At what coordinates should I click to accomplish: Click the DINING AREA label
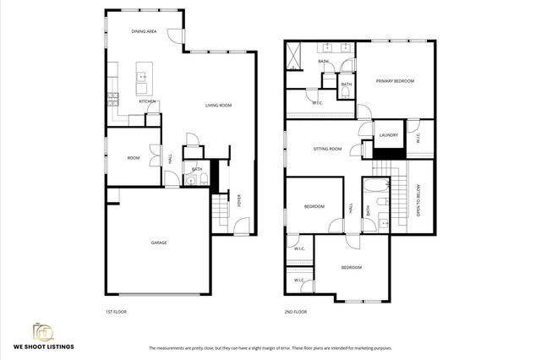pos(144,31)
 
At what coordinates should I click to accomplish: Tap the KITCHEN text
pos(147,101)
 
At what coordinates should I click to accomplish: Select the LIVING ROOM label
pos(218,106)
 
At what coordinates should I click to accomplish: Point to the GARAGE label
pos(158,243)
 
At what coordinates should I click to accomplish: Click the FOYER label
pos(238,202)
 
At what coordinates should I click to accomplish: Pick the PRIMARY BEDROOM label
pos(395,80)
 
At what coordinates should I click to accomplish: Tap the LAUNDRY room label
pos(389,135)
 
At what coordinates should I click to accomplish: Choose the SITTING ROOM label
pos(327,149)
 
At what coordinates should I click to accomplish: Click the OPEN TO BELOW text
pos(418,201)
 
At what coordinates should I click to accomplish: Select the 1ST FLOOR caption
pos(116,312)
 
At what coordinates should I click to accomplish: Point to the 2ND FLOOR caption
pos(296,312)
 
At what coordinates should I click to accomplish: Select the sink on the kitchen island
pos(142,78)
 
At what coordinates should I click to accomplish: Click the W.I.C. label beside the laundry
pos(418,139)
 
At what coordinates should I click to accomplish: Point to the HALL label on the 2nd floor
pos(351,206)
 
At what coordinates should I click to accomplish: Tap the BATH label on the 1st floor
pos(196,169)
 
